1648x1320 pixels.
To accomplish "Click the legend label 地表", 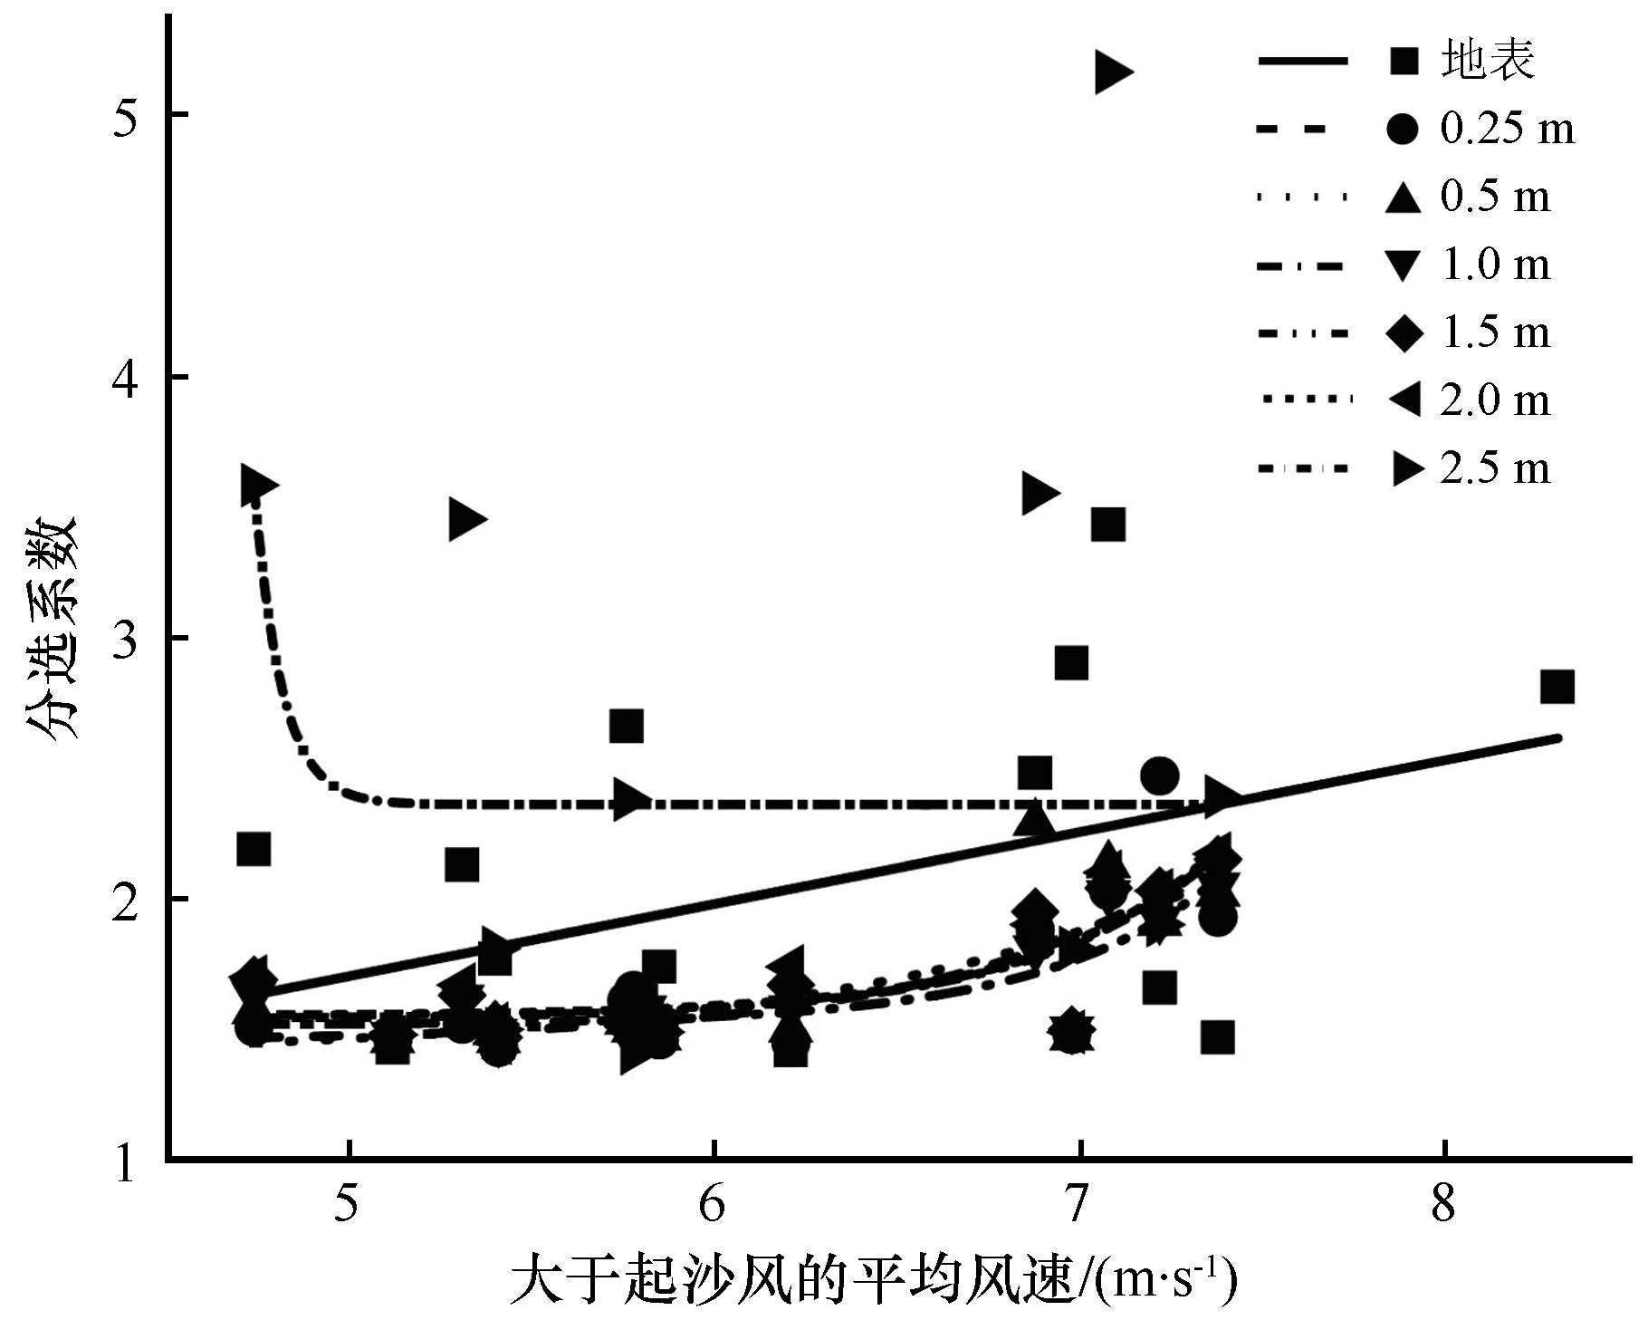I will click(1488, 61).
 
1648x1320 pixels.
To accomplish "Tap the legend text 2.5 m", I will click(1495, 468).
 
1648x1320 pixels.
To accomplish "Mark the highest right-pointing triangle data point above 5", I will click(1111, 72).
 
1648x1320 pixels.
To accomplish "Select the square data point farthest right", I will click(1557, 687).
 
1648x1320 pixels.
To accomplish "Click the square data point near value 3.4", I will click(1107, 524).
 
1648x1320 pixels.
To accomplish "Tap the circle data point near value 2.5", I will click(1159, 776).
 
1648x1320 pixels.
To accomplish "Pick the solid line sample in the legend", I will click(1303, 61).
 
